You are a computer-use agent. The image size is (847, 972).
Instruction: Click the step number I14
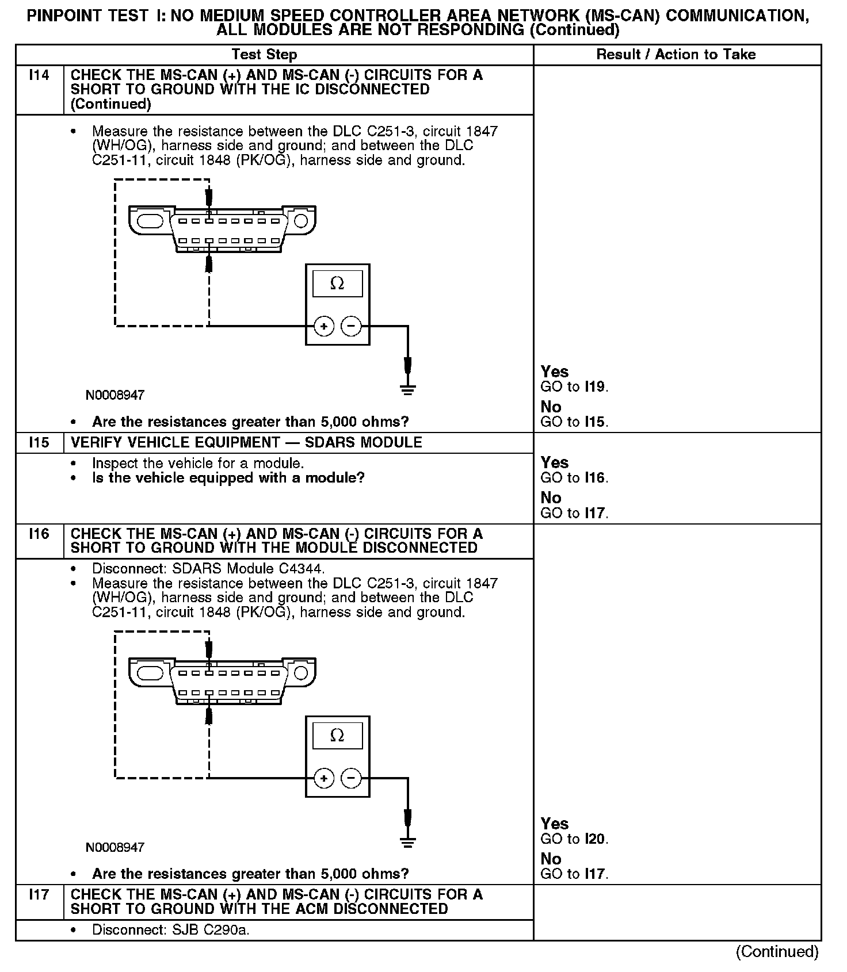pos(39,75)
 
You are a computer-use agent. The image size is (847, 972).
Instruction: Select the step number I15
pos(39,442)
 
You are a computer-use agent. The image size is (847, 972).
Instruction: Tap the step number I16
pos(39,534)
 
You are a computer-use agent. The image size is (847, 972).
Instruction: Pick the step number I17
pos(39,894)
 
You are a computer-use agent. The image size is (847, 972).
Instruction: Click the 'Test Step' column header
pos(264,55)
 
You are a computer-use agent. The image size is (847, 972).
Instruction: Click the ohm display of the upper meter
pos(337,284)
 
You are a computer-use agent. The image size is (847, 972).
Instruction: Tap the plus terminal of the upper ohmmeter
pos(324,327)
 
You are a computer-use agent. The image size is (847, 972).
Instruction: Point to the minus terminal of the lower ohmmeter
pos(351,778)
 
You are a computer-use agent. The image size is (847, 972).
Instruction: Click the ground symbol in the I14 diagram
pos(407,390)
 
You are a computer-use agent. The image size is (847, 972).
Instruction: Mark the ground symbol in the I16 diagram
pos(407,842)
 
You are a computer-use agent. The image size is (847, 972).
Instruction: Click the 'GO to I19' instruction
pos(574,387)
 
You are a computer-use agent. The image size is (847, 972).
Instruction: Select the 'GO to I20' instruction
pos(574,839)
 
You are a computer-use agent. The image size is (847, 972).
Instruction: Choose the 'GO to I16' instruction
pos(574,478)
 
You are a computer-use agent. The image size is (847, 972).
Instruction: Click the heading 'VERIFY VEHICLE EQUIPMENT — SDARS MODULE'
pos(246,442)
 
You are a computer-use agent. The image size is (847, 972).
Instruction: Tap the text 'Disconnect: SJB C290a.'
pos(171,930)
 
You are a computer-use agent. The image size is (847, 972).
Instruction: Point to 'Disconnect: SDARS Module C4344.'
pos(208,569)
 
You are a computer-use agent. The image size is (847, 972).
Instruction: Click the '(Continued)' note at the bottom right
pos(777,952)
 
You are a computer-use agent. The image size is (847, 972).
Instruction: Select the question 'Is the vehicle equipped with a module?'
pos(228,478)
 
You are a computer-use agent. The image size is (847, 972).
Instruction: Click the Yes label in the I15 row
pos(554,462)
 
